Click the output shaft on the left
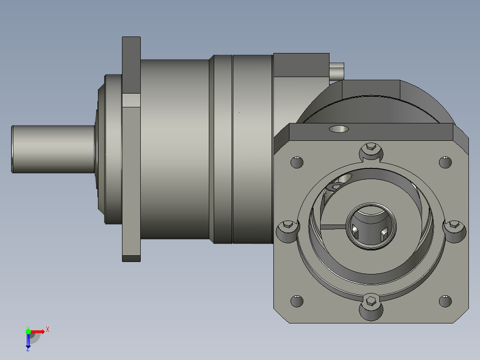click(53, 149)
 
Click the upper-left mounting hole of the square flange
click(297, 162)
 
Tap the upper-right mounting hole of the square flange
click(445, 162)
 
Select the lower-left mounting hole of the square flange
click(297, 301)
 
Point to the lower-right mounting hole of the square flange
click(445, 301)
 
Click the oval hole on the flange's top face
click(339, 129)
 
